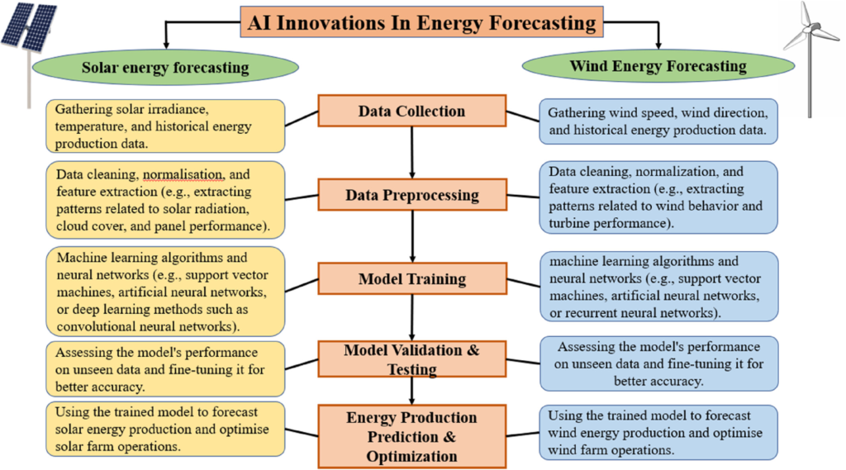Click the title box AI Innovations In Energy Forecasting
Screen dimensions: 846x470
[421, 22]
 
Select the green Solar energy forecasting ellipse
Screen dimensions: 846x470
[165, 68]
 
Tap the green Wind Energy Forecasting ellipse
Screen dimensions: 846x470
[658, 66]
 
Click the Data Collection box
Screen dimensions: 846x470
[411, 111]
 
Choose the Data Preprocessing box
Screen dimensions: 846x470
[412, 194]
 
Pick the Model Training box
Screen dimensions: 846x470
[412, 278]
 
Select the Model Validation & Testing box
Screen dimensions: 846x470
[411, 358]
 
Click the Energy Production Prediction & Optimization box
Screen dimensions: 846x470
[411, 436]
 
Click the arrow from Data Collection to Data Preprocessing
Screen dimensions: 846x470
[412, 153]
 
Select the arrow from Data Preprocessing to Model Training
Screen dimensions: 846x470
[413, 236]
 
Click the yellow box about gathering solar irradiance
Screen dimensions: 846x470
[165, 126]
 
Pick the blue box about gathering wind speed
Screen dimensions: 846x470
[658, 121]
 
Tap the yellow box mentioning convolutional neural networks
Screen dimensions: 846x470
[165, 292]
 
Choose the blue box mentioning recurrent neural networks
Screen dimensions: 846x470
[659, 287]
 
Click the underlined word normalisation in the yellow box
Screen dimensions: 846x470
[183, 175]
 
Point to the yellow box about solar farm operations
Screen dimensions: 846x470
[165, 429]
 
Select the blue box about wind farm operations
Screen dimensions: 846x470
[658, 432]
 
